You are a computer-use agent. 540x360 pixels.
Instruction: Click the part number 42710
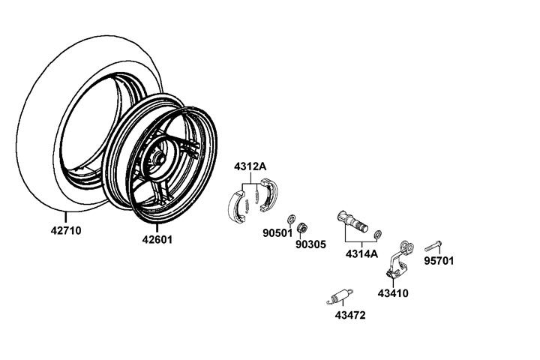(x=67, y=230)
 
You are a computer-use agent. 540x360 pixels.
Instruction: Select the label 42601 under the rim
(x=158, y=241)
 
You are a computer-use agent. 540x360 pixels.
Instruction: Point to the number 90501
(x=277, y=233)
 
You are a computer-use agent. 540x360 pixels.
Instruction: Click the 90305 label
(x=310, y=244)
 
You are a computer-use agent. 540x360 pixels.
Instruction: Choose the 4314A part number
(x=361, y=253)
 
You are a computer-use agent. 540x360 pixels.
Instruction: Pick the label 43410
(x=392, y=293)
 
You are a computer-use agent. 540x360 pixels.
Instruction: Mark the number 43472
(x=349, y=315)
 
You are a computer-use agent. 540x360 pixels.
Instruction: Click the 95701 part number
(x=439, y=262)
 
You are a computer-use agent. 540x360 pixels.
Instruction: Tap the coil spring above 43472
(x=338, y=295)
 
